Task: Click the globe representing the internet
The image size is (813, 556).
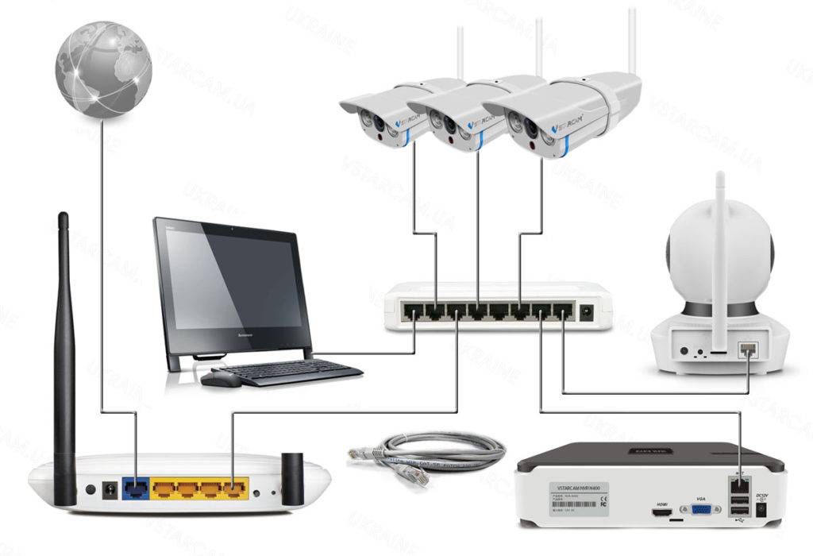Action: tap(103, 71)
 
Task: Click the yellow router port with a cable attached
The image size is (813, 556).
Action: tap(233, 487)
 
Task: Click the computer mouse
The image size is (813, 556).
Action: tap(220, 379)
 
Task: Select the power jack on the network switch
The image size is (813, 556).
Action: tap(587, 312)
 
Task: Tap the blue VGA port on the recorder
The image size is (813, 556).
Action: tap(701, 509)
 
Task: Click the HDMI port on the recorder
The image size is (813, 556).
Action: tap(661, 512)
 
